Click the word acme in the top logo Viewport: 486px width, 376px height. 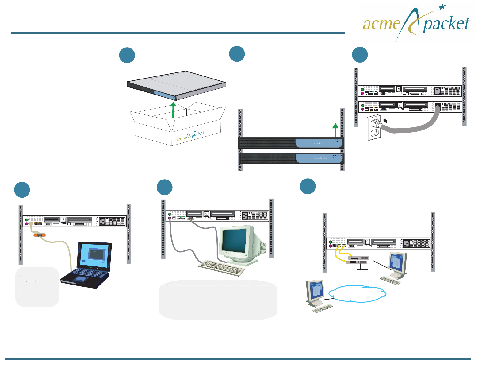[x=381, y=24]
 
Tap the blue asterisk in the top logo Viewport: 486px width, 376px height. [x=442, y=7]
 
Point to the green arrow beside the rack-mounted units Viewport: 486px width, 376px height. [x=335, y=130]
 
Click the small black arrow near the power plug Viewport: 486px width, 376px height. [x=385, y=121]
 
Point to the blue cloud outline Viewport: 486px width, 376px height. [x=357, y=294]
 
